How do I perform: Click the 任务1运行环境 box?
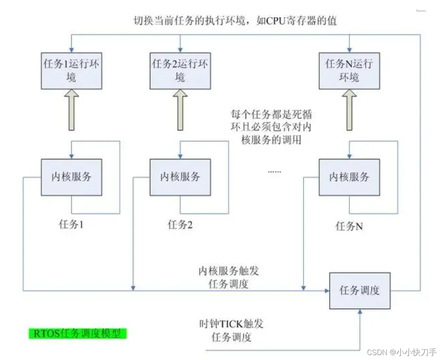tap(71, 70)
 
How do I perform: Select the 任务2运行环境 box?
tap(180, 70)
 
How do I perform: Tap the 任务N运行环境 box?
tap(349, 70)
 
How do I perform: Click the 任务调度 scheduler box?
tap(360, 291)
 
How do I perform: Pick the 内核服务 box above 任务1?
tap(71, 177)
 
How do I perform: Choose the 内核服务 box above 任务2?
tap(180, 177)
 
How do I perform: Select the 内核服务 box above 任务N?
tap(349, 177)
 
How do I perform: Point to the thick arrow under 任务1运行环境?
tap(71, 110)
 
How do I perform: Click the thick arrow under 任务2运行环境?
tap(180, 110)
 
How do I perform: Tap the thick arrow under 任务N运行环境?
tap(349, 110)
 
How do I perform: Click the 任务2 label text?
tap(180, 224)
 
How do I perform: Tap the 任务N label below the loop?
tap(349, 226)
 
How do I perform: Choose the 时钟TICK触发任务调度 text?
tap(231, 330)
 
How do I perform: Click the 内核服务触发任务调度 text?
tap(229, 277)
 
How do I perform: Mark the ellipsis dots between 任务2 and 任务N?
tap(274, 171)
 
